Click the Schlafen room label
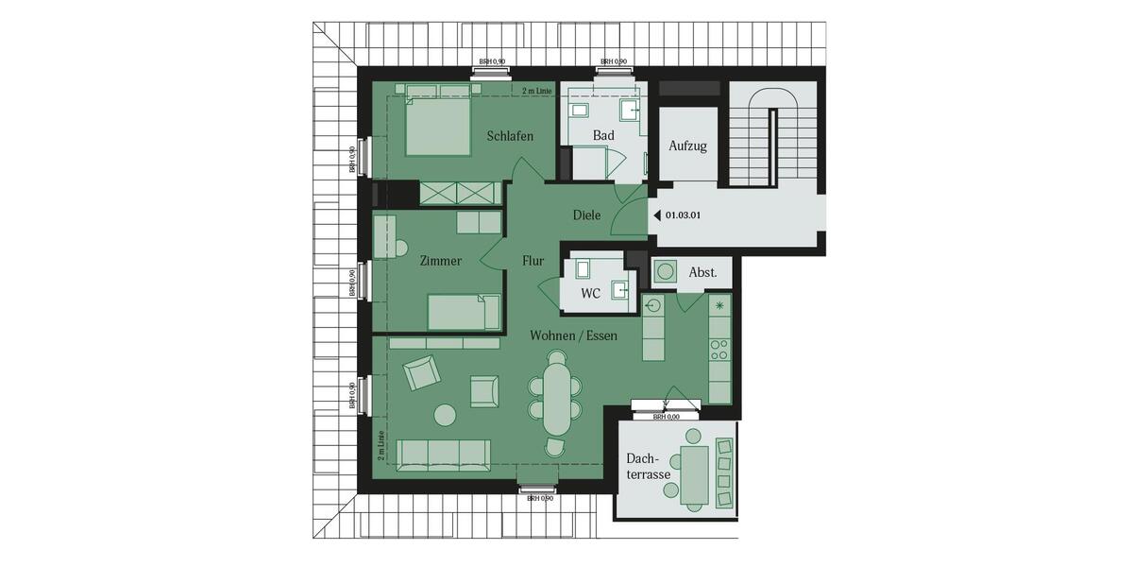pyautogui.click(x=510, y=136)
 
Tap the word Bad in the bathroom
pyautogui.click(x=603, y=136)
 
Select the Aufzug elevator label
pyautogui.click(x=687, y=146)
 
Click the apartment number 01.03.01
pyautogui.click(x=683, y=215)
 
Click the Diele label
pyautogui.click(x=586, y=215)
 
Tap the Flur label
pyautogui.click(x=533, y=261)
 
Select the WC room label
pyautogui.click(x=590, y=294)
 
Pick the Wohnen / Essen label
pyautogui.click(x=574, y=335)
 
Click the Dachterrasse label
pyautogui.click(x=648, y=467)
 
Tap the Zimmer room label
pyautogui.click(x=441, y=261)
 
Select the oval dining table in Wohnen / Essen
pyautogui.click(x=556, y=395)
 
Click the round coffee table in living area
pyautogui.click(x=444, y=414)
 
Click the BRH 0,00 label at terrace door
pyautogui.click(x=667, y=417)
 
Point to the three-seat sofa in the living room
pyautogui.click(x=443, y=455)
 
